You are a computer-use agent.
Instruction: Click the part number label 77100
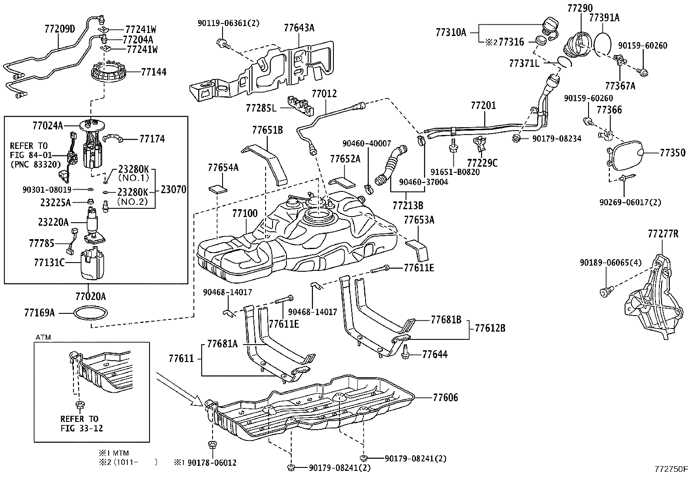(245, 213)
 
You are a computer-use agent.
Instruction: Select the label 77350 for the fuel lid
(672, 153)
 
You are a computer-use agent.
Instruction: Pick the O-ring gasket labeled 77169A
(90, 313)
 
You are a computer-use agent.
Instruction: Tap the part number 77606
(445, 398)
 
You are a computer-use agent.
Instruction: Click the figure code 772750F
(671, 469)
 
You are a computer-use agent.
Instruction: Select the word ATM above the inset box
(43, 338)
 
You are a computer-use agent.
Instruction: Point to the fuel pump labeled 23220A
(94, 224)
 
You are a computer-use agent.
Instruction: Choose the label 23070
(173, 189)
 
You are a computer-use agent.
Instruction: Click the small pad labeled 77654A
(218, 188)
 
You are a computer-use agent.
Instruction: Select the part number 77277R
(663, 234)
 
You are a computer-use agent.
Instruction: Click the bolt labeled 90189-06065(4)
(606, 291)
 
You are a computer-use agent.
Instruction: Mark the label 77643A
(299, 28)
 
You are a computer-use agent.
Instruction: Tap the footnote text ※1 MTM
(114, 453)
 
